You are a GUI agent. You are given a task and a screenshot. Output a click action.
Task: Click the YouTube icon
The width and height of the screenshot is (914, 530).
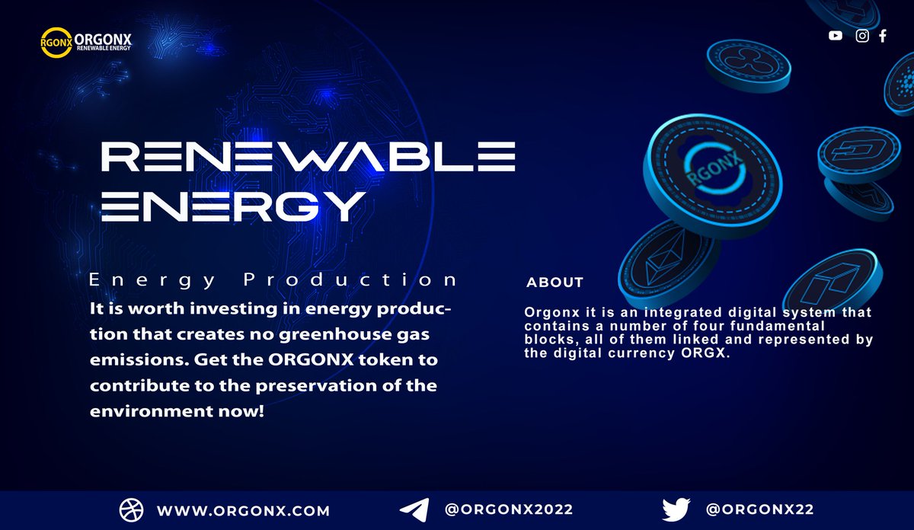pyautogui.click(x=836, y=36)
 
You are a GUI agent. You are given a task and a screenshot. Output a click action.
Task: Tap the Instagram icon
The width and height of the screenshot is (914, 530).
pyautogui.click(x=862, y=36)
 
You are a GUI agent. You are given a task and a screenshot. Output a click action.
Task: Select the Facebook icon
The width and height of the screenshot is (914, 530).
pyautogui.click(x=883, y=36)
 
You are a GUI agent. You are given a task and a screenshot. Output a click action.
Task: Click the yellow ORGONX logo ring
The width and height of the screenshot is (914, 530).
pyautogui.click(x=56, y=43)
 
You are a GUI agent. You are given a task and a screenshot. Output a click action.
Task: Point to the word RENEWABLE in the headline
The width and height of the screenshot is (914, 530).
pyautogui.click(x=308, y=158)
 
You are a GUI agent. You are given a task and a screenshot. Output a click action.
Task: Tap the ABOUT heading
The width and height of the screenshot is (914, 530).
pyautogui.click(x=554, y=283)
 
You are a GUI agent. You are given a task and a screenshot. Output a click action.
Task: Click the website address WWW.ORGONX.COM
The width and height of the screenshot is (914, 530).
pyautogui.click(x=243, y=510)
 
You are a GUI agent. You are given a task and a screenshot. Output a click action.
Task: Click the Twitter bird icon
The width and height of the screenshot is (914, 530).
pyautogui.click(x=676, y=509)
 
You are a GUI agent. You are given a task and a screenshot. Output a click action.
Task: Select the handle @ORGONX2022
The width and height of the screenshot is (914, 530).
pyautogui.click(x=509, y=509)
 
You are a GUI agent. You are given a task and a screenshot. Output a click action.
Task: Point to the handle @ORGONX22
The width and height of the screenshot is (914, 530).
pyautogui.click(x=760, y=509)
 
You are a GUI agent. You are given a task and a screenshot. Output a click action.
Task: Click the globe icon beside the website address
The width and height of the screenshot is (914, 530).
pyautogui.click(x=130, y=510)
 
